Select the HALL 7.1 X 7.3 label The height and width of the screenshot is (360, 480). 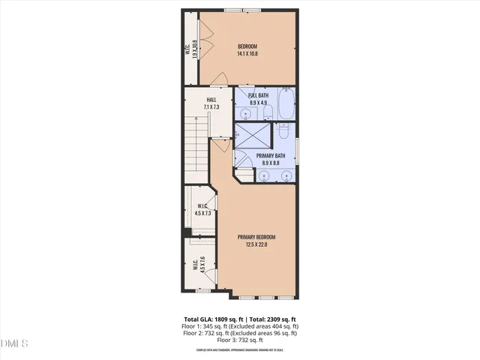211,104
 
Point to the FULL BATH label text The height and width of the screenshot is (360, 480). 259,99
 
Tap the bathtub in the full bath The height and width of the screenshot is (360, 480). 286,105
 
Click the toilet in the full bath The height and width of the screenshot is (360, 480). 267,113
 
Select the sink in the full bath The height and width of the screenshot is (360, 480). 247,115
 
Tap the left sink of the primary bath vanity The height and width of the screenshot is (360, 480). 265,177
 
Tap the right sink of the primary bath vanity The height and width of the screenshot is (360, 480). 285,177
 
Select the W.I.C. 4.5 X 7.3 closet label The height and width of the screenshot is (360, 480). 201,210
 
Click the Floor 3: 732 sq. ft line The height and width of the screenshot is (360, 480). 240,340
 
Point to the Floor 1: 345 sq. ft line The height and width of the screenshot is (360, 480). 240,325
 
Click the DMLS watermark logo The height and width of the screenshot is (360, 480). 15,343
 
